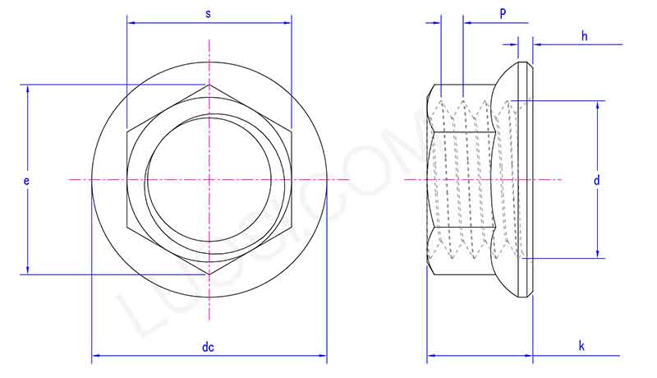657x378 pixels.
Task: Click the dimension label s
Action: pyautogui.click(x=208, y=14)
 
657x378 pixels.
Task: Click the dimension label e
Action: pyautogui.click(x=26, y=178)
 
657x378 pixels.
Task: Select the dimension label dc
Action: pyautogui.click(x=208, y=347)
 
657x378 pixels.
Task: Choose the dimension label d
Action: pyautogui.click(x=597, y=179)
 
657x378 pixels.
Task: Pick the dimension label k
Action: pyautogui.click(x=581, y=347)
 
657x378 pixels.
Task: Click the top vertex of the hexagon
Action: pyautogui.click(x=209, y=84)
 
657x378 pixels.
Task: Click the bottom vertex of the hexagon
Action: pyautogui.click(x=209, y=274)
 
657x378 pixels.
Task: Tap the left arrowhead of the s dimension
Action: pyautogui.click(x=130, y=23)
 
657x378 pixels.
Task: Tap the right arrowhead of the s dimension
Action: pyautogui.click(x=289, y=23)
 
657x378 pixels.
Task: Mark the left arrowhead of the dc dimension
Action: pyautogui.click(x=94, y=356)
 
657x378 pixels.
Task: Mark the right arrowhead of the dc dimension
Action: pyautogui.click(x=324, y=356)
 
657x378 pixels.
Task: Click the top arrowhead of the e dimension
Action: pyautogui.click(x=29, y=88)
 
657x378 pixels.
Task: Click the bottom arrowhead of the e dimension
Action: pyautogui.click(x=29, y=270)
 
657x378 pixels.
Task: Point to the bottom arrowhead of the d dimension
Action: pyautogui.click(x=597, y=255)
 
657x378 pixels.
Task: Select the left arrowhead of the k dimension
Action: pyautogui.click(x=430, y=357)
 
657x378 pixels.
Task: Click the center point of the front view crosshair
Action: pyautogui.click(x=209, y=179)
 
